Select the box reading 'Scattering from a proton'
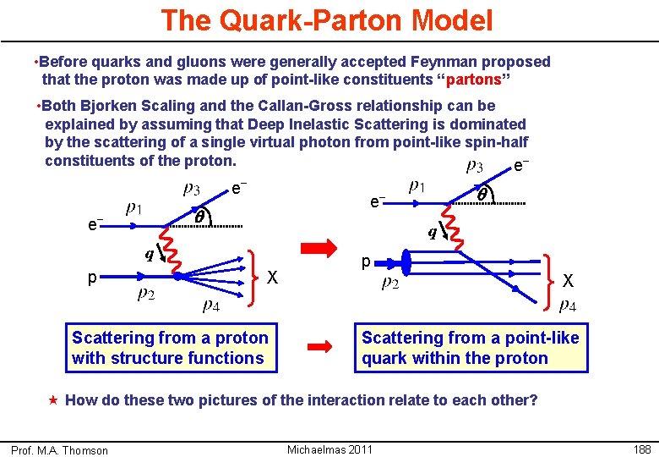[172, 348]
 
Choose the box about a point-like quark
[471, 348]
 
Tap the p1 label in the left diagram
[133, 208]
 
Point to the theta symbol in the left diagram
[201, 217]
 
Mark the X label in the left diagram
[272, 278]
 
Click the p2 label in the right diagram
[390, 284]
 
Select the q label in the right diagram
[432, 232]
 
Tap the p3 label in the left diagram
[193, 188]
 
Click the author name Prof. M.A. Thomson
[59, 450]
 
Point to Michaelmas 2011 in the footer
[329, 449]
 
